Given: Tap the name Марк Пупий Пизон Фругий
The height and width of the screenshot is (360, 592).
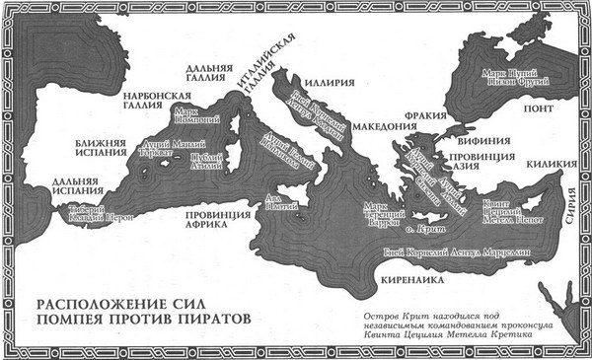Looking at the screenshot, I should click(500, 77).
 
